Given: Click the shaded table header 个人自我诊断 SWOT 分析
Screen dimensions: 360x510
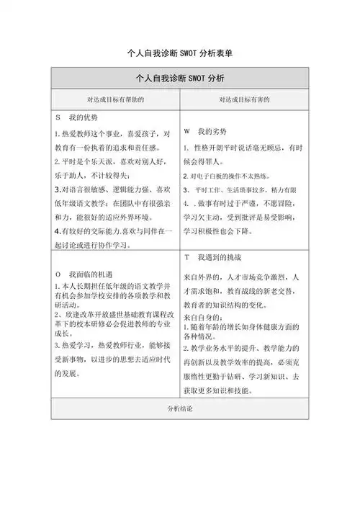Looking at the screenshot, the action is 179,78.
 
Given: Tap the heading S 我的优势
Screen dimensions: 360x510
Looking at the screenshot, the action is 76,117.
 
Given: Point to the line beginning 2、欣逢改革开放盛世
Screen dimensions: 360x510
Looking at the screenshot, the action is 112,316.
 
